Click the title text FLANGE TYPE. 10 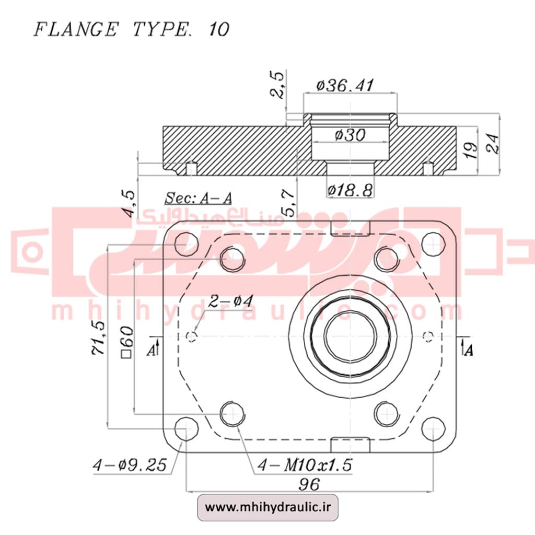tap(131, 29)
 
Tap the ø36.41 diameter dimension tap(345, 85)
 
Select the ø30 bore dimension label tap(348, 135)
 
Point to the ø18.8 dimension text tap(350, 191)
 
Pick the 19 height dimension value tap(471, 150)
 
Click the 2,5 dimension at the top tap(279, 85)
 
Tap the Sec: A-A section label tap(198, 198)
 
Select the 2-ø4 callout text tap(230, 301)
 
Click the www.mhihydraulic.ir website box tap(267, 507)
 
